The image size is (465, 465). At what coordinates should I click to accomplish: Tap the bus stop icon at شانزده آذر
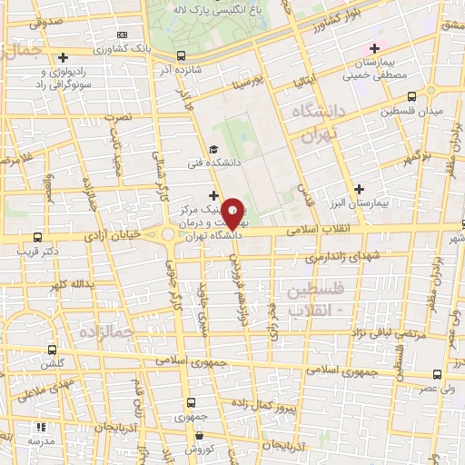179,55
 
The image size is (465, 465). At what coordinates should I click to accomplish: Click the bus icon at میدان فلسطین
411,96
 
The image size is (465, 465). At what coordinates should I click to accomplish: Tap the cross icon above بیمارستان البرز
360,190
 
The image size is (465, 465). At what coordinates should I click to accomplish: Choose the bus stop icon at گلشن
50,350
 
